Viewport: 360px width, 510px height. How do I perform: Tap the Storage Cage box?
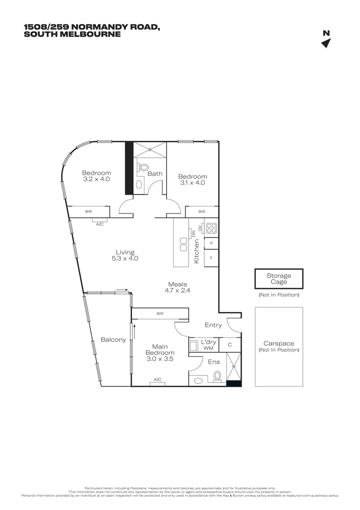278,279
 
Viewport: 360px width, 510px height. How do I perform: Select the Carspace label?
278,344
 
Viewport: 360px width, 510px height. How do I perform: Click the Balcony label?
113,340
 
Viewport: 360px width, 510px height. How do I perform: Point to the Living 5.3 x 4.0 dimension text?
125,258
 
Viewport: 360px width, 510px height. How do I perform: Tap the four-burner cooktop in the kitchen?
211,229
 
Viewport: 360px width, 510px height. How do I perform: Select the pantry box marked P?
211,244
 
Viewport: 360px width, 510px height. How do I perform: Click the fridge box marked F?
211,258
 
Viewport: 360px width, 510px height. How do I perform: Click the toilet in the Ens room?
217,376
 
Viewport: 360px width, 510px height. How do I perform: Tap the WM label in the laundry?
208,348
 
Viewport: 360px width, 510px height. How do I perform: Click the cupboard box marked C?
230,345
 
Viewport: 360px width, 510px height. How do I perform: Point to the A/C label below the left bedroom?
100,224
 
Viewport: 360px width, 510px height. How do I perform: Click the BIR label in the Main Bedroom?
159,313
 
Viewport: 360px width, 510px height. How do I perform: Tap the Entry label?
213,325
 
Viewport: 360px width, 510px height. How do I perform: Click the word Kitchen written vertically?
197,251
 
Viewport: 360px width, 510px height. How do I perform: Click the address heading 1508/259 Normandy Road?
92,27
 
